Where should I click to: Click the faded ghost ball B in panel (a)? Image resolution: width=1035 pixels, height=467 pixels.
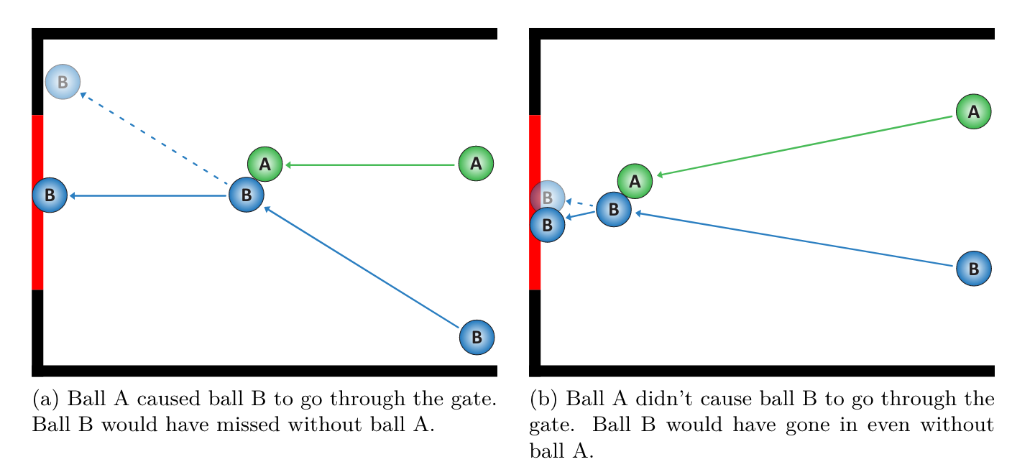[x=63, y=82]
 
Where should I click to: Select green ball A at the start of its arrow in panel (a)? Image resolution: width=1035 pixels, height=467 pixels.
[x=476, y=163]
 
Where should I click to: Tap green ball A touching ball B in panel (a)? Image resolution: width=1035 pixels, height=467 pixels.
[x=264, y=164]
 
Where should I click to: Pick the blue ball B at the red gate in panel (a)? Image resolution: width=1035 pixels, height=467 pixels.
[x=50, y=195]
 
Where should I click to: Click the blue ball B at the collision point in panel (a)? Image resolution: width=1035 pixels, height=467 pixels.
[x=247, y=195]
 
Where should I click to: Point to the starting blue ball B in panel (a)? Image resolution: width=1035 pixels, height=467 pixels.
[x=477, y=336]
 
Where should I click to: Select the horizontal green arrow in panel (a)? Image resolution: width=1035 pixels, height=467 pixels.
[x=370, y=165]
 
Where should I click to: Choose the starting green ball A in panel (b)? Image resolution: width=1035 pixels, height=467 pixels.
[x=973, y=111]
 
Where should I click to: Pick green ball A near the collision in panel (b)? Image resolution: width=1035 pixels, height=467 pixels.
[x=635, y=181]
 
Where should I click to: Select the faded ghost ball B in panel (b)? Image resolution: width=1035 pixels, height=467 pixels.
[x=548, y=196]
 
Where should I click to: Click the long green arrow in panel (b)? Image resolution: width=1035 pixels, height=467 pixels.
[x=805, y=146]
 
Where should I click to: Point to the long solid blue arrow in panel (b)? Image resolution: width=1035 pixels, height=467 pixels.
[x=794, y=239]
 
